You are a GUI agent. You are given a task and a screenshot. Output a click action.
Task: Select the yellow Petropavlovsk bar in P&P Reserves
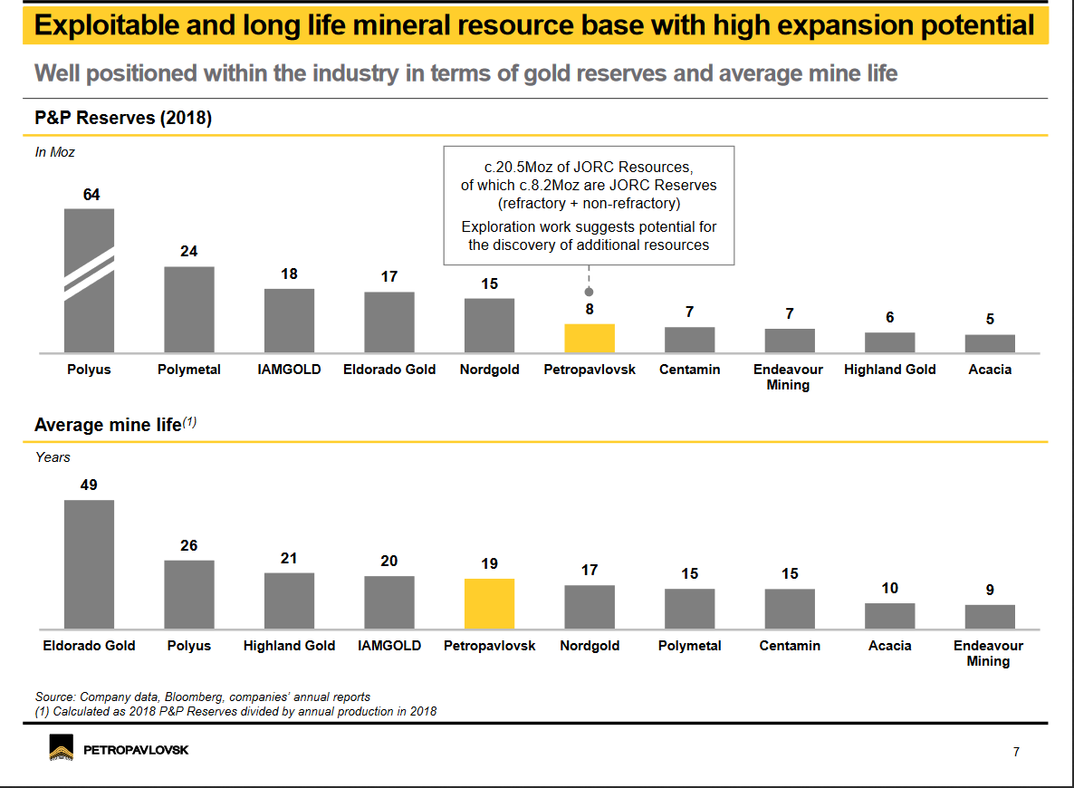coord(590,338)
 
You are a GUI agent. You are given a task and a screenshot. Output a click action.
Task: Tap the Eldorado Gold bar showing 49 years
coord(89,563)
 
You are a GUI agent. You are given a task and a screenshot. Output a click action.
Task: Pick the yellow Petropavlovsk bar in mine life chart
coord(489,603)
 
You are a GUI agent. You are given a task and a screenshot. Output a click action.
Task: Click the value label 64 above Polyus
coord(91,195)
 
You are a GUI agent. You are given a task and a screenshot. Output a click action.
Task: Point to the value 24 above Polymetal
coord(188,252)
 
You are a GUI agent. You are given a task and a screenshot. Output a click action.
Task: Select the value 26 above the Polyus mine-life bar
coord(188,546)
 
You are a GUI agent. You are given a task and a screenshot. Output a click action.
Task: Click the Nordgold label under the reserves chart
coord(489,370)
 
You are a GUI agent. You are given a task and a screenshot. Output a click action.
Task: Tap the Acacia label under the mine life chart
coord(889,646)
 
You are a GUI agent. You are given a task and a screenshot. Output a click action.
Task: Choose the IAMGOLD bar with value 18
coord(289,321)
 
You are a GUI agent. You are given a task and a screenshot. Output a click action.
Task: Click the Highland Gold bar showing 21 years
coord(289,601)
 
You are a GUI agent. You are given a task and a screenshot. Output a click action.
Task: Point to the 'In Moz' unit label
coord(54,152)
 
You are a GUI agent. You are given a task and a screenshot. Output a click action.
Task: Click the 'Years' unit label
coord(53,457)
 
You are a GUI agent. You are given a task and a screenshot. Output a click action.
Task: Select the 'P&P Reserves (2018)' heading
coord(123,119)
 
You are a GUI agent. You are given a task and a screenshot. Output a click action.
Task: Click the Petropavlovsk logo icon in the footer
coord(62,750)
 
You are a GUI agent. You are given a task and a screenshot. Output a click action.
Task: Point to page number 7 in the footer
coord(1016,752)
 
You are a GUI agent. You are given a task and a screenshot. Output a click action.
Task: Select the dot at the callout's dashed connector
coord(590,292)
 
